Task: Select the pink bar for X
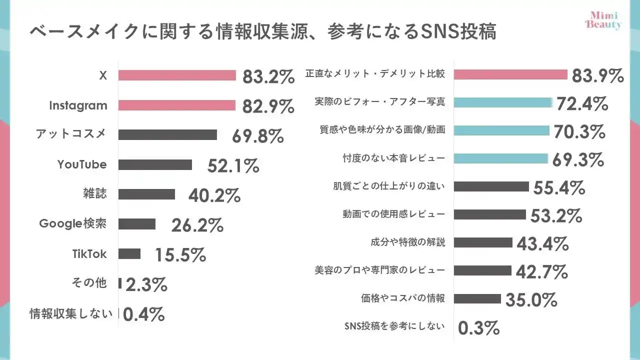click(x=177, y=75)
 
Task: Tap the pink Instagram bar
click(x=177, y=105)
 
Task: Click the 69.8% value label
click(x=258, y=136)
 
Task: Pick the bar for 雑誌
click(x=146, y=194)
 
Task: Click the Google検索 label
click(x=73, y=223)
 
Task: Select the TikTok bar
click(x=129, y=254)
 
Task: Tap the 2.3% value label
click(x=146, y=285)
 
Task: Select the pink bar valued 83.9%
click(x=510, y=74)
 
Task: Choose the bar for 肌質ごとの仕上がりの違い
click(x=491, y=186)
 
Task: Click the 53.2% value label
click(x=556, y=216)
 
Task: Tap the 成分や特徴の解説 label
click(x=407, y=242)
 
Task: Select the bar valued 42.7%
click(x=482, y=270)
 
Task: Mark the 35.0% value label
click(x=531, y=300)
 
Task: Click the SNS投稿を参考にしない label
click(x=394, y=326)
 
